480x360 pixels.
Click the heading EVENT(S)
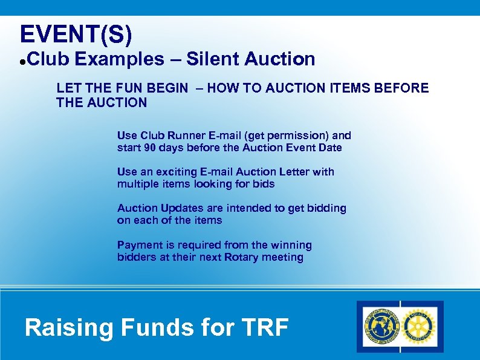pos(76,34)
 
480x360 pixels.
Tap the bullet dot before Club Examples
pos(22,61)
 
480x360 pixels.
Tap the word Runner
pos(185,136)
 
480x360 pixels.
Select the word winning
pos(291,245)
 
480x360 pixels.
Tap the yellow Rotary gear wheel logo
pos(420,327)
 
